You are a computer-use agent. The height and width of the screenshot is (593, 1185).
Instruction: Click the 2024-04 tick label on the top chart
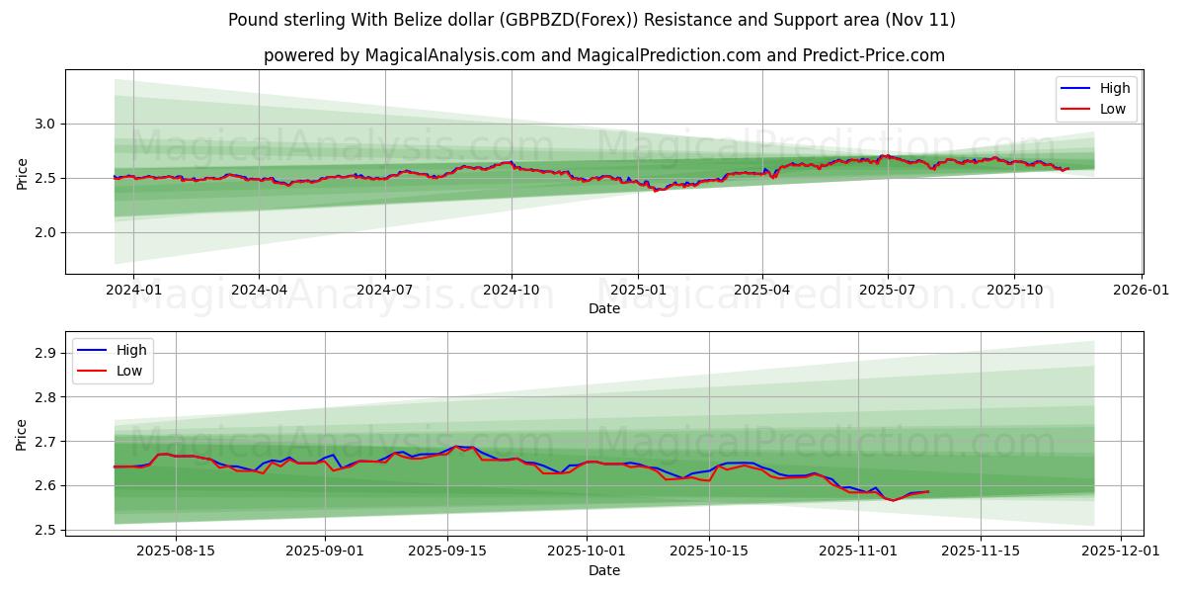[259, 290]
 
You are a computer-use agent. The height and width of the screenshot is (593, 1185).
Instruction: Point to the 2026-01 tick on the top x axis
[1142, 290]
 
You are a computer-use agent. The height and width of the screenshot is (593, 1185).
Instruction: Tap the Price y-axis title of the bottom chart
[22, 433]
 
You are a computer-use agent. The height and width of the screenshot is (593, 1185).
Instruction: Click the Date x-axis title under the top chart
[604, 308]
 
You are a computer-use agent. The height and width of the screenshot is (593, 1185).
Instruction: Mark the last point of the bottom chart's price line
[928, 491]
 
